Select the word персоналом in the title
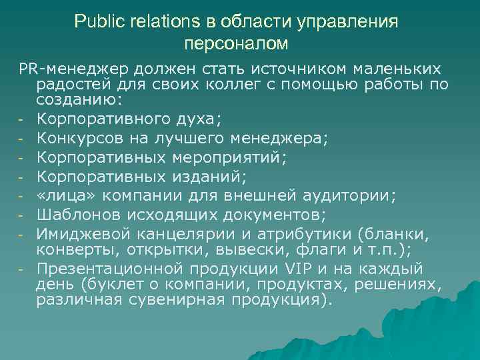236,44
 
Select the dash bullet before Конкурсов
22,139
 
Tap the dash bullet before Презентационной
22,270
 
